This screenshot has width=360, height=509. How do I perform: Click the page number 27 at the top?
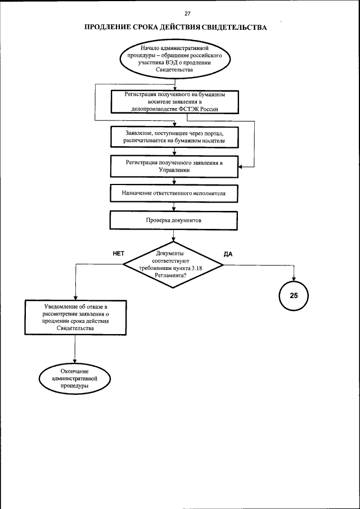(179, 14)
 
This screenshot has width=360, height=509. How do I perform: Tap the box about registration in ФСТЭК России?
(174, 102)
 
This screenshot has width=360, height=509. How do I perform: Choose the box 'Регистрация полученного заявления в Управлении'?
(174, 167)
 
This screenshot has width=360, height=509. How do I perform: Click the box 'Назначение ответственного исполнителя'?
(174, 193)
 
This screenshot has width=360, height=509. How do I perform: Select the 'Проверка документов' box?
(174, 220)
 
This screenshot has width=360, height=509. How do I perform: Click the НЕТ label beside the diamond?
(118, 254)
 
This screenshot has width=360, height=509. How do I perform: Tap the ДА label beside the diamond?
(228, 254)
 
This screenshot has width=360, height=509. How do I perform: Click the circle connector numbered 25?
(294, 295)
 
